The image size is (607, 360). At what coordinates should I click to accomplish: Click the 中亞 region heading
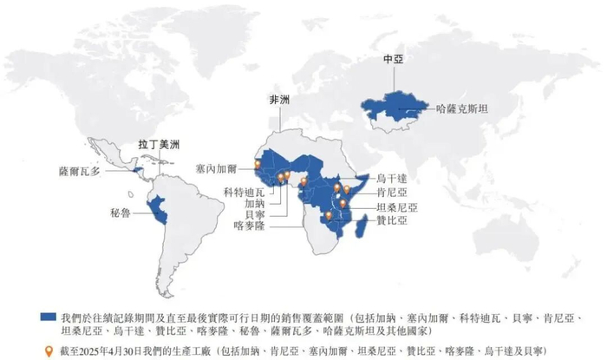click(x=395, y=62)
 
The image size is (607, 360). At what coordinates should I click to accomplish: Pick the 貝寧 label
click(x=244, y=213)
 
